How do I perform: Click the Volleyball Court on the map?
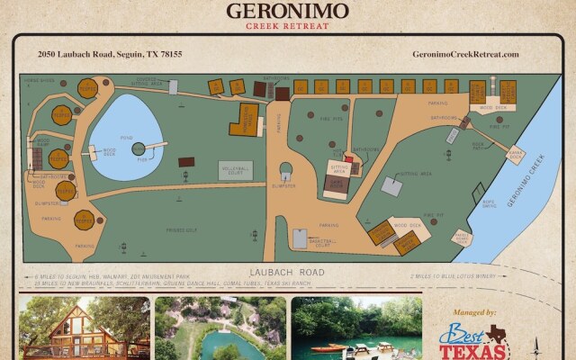236,170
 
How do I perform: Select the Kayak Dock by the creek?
515,155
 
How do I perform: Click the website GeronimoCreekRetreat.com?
465,54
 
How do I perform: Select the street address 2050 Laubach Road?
110,54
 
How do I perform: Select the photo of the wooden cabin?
84,328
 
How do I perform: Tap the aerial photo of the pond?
220,328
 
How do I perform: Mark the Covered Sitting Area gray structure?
391,185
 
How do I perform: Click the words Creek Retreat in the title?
288,25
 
